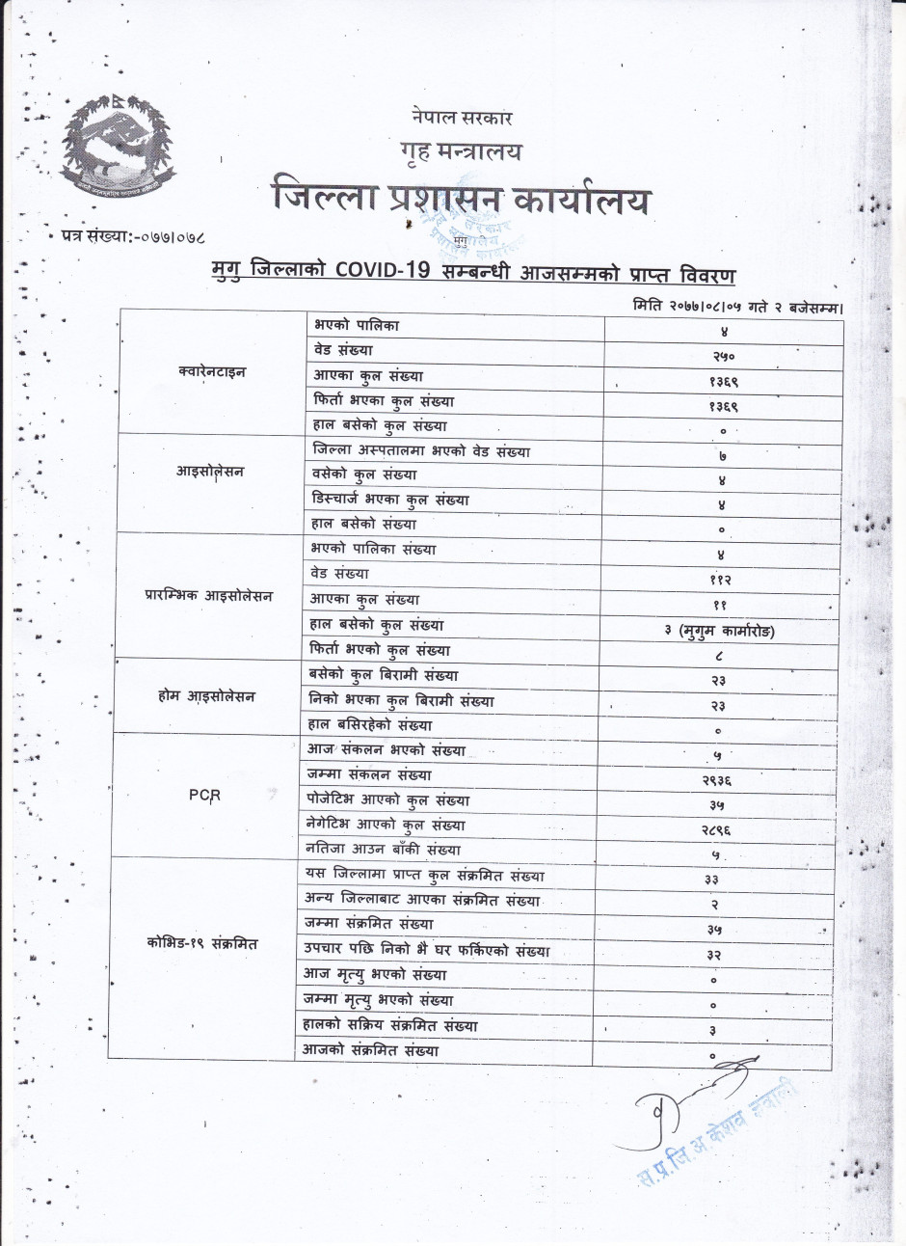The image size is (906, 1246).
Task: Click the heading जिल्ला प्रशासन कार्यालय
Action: [x=461, y=199]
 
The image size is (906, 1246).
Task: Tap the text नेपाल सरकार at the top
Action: [x=461, y=118]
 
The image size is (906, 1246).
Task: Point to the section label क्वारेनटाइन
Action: [x=212, y=371]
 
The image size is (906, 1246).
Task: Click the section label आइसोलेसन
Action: [x=209, y=472]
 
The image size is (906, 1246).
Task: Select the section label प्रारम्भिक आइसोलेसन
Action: [x=208, y=596]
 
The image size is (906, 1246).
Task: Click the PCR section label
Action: [x=204, y=796]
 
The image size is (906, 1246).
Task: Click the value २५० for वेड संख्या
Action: [x=724, y=356]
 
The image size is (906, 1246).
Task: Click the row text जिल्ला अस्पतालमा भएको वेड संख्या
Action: [x=421, y=450]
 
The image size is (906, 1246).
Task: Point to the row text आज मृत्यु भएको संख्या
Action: [x=375, y=974]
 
